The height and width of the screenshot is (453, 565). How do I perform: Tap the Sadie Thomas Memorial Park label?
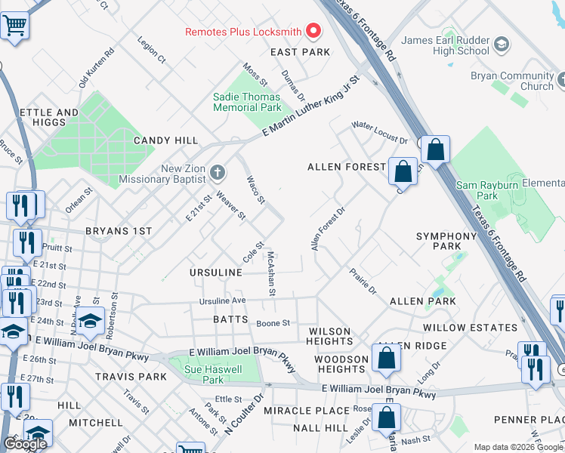point(247,102)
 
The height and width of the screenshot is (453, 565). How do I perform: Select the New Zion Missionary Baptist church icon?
point(218,173)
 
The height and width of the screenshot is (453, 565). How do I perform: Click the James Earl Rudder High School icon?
point(502,48)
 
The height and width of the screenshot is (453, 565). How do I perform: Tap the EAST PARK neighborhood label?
point(301,52)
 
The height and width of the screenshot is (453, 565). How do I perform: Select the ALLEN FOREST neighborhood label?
point(347,166)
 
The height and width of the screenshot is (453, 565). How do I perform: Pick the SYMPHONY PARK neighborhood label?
point(447,241)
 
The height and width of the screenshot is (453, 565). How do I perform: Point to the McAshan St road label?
point(271,274)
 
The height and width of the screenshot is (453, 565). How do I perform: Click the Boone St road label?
point(273,323)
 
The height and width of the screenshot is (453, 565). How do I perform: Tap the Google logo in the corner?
point(25,444)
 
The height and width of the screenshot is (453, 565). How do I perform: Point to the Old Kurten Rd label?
point(96,68)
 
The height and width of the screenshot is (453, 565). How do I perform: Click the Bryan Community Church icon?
point(560,79)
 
